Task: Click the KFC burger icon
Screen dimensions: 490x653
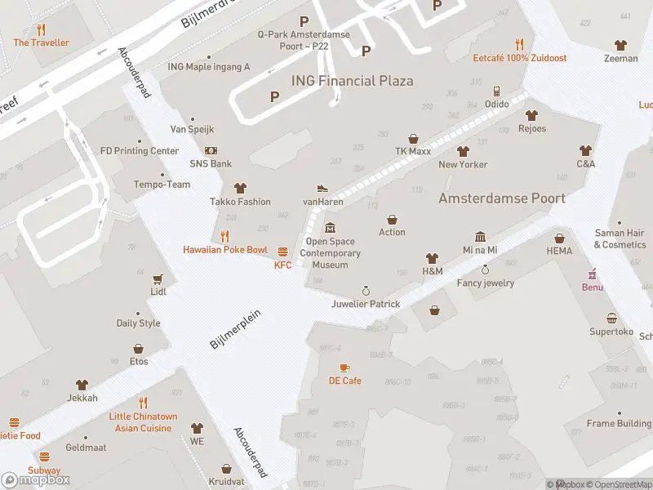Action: tap(283, 252)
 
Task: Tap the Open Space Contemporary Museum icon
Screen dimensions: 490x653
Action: tap(330, 227)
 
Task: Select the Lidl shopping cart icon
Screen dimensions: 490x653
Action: tap(158, 278)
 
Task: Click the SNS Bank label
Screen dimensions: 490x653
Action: tap(211, 163)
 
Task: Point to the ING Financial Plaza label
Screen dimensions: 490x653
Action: tap(352, 81)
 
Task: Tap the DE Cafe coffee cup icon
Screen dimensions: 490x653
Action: tap(344, 367)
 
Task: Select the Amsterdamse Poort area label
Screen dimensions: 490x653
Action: tap(502, 198)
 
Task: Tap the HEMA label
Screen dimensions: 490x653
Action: tap(559, 251)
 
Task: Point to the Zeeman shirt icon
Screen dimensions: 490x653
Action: tap(621, 45)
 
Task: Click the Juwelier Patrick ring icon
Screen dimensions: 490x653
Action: tap(366, 290)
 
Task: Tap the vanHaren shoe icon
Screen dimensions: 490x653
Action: tap(322, 188)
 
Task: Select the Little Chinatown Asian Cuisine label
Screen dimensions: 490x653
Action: tap(143, 422)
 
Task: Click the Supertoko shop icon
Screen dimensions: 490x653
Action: tap(611, 318)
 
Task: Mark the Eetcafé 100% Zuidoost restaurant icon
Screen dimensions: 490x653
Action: tap(519, 44)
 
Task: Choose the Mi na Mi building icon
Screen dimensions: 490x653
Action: tap(480, 236)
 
